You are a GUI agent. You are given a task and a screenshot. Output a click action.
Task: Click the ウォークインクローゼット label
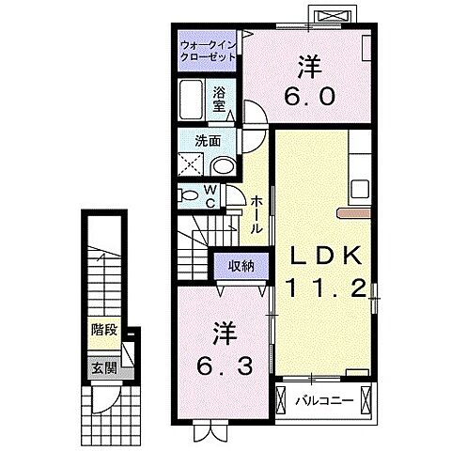pyautogui.click(x=208, y=51)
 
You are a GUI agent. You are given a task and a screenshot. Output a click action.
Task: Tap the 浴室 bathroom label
pyautogui.click(x=219, y=99)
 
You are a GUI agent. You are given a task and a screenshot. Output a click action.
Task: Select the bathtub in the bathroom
pyautogui.click(x=191, y=100)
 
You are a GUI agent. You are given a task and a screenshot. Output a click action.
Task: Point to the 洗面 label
pyautogui.click(x=208, y=141)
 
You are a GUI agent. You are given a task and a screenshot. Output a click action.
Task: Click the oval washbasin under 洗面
pyautogui.click(x=224, y=166)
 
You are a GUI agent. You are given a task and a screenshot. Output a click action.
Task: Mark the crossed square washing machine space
pyautogui.click(x=191, y=164)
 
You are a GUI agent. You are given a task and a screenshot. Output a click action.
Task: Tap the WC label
pyautogui.click(x=210, y=196)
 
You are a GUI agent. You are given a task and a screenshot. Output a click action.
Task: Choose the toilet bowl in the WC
pyautogui.click(x=187, y=195)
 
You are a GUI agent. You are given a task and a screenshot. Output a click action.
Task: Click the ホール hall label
pyautogui.click(x=257, y=214)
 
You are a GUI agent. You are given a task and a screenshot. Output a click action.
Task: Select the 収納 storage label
pyautogui.click(x=241, y=266)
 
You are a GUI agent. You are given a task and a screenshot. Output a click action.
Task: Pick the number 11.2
pyautogui.click(x=326, y=288)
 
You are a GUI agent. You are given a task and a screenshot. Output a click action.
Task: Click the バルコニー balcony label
pyautogui.click(x=325, y=400)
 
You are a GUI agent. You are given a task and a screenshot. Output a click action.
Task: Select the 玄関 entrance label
pyautogui.click(x=104, y=368)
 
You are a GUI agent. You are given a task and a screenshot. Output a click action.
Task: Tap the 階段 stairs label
pyautogui.click(x=104, y=330)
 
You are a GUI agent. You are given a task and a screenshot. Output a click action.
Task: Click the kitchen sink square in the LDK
pyautogui.click(x=360, y=189)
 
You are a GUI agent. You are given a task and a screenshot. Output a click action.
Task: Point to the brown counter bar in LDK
pyautogui.click(x=354, y=213)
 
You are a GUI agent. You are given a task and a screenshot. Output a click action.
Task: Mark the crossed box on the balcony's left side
pyautogui.click(x=282, y=400)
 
